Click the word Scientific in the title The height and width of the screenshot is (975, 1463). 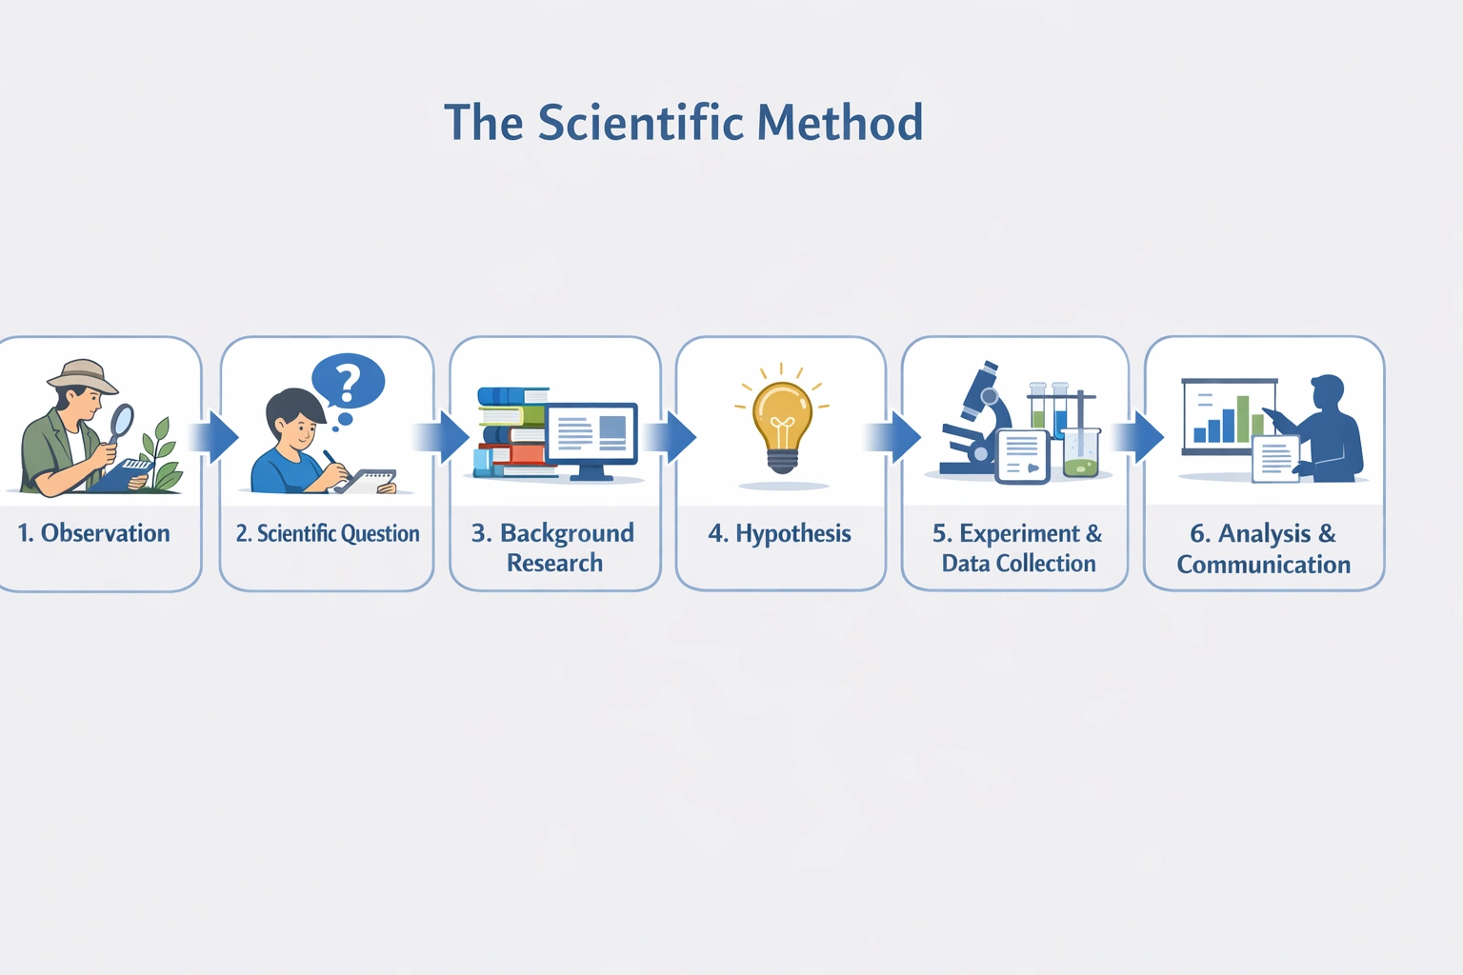pos(640,123)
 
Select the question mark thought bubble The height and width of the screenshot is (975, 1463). pos(349,381)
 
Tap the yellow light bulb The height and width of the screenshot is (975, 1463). pos(782,423)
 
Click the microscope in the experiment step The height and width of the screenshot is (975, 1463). pos(976,419)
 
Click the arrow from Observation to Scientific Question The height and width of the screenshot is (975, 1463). pos(215,437)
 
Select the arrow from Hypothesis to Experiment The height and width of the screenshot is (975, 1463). pos(895,437)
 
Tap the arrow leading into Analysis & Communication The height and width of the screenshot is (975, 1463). pos(1140,437)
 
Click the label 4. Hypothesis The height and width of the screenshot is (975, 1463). pos(780,533)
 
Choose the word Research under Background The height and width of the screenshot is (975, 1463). pos(554,563)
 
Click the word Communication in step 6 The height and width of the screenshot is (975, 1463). pos(1263,565)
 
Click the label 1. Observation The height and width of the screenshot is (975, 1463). pos(94,533)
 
